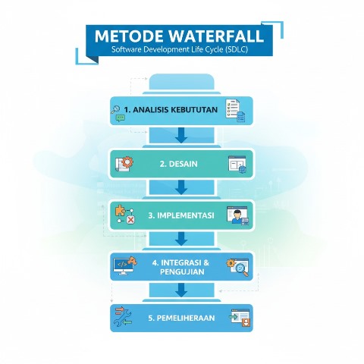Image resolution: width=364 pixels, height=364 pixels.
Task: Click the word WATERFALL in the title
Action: [x=216, y=36]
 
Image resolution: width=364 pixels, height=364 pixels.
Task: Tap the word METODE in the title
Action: [x=129, y=36]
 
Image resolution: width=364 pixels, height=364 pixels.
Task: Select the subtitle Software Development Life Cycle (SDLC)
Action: [x=180, y=49]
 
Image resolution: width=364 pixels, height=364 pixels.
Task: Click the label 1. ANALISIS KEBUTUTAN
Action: [x=171, y=110]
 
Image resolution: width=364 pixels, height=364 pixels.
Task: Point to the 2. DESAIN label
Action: [x=178, y=164]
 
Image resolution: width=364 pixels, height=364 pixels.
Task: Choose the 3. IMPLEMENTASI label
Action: [x=181, y=215]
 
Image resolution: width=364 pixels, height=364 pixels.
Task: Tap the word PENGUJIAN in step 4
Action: [x=182, y=271]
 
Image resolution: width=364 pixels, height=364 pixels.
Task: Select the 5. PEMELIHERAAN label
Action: [x=181, y=318]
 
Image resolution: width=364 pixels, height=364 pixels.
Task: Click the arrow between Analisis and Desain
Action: [x=181, y=135]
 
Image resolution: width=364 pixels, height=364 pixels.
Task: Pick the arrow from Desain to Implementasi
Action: [x=181, y=187]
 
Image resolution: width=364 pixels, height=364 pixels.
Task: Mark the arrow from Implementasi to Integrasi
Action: [x=181, y=239]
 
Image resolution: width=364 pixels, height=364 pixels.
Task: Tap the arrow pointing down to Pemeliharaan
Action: [x=181, y=290]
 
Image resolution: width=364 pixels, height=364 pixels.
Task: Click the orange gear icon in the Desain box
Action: [x=128, y=162]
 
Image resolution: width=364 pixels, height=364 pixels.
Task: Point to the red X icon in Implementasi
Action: [x=130, y=220]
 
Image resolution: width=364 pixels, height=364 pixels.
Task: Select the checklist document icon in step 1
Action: [x=233, y=108]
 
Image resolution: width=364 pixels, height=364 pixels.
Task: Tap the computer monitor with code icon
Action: [x=123, y=266]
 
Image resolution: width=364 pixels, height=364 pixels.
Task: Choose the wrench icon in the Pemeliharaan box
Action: [x=123, y=318]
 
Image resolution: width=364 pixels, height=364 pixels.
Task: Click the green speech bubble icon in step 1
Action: [x=121, y=118]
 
